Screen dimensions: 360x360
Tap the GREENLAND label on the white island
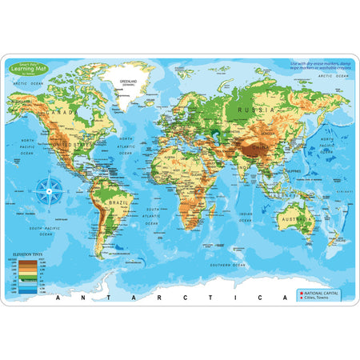129,82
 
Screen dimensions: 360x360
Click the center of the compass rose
50,190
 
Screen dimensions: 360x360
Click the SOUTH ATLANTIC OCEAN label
152,214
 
